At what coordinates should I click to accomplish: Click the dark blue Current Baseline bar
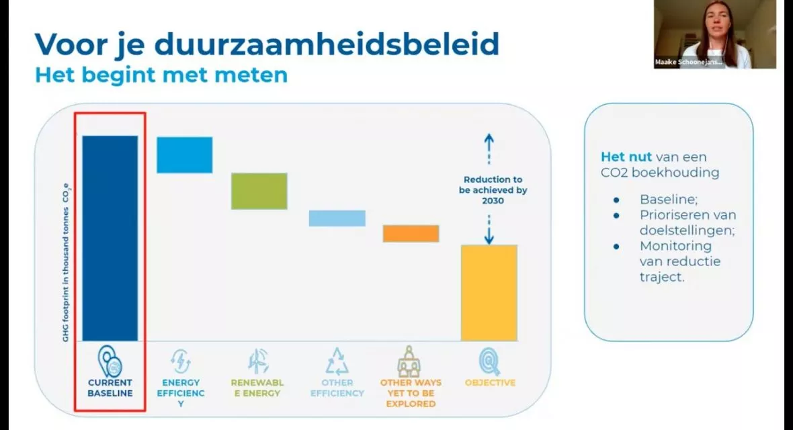pos(110,238)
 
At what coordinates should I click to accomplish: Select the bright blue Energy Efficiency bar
pos(185,155)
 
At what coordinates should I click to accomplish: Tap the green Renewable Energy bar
pos(259,191)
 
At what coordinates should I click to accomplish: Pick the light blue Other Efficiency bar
pos(337,218)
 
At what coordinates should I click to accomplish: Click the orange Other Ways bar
pos(411,234)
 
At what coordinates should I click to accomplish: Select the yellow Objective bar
pos(489,293)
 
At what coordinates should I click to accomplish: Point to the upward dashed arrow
pos(489,148)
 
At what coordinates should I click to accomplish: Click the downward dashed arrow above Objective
pos(489,230)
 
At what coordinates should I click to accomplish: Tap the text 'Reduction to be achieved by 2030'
pos(493,189)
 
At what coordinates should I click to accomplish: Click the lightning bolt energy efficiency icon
pos(181,361)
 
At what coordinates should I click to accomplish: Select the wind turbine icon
pos(259,361)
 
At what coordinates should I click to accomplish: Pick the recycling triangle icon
pos(337,361)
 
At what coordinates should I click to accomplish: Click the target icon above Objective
pos(489,361)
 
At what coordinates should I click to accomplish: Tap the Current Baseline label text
pos(110,388)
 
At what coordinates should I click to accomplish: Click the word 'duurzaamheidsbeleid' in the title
pos(327,44)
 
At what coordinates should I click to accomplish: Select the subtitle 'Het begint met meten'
pos(161,75)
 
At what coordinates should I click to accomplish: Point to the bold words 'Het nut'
pos(626,157)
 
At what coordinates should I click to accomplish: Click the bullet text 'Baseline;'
pos(669,200)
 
